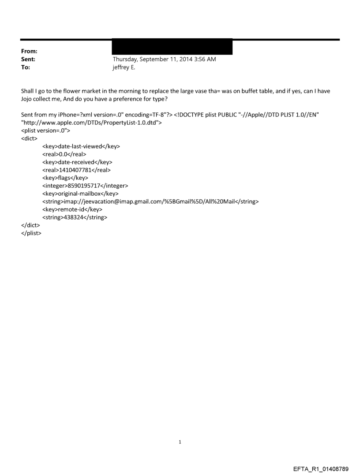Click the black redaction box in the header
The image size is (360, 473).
point(172,47)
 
